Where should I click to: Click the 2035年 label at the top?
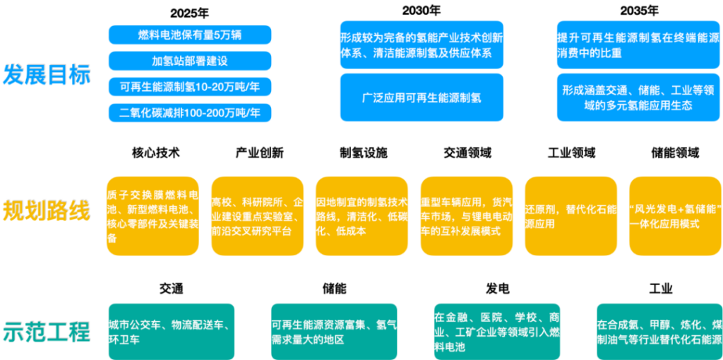coord(640,11)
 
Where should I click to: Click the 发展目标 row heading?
coord(47,74)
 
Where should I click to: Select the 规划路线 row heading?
coord(47,210)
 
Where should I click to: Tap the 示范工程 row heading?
coord(47,331)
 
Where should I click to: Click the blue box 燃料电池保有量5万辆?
coord(190,35)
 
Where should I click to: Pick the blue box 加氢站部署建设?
coord(190,61)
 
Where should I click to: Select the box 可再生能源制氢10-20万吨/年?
coord(190,87)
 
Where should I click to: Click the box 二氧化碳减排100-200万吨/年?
coord(190,112)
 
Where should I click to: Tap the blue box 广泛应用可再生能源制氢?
coord(421,97)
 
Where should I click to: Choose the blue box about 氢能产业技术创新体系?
coord(421,44)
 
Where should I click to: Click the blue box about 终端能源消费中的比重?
coord(638,44)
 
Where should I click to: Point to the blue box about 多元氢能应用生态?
coord(638,97)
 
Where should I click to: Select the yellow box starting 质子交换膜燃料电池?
coord(152,216)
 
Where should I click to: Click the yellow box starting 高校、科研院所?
coord(257,216)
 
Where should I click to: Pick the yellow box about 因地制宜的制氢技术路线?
coord(361,216)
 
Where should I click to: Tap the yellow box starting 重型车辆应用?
coord(466,216)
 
